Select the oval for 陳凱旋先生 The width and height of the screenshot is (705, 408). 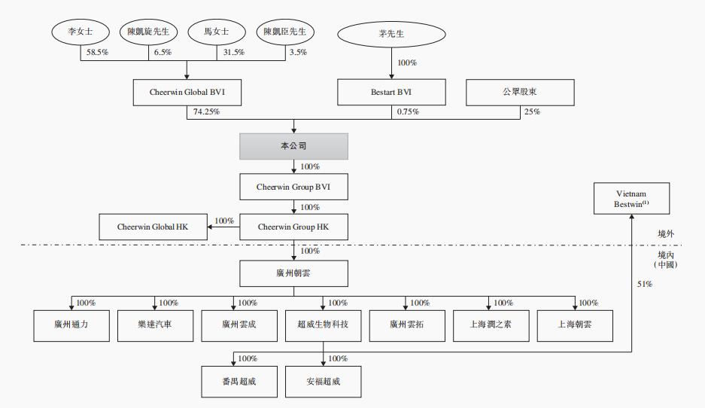[148, 32]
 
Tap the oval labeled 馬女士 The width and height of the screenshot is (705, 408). [217, 32]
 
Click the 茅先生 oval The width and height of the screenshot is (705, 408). [390, 35]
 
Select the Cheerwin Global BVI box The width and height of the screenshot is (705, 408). [186, 92]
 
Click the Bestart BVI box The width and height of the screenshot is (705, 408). [391, 92]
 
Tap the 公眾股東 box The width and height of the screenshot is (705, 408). [520, 92]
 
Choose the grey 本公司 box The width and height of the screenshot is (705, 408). [293, 146]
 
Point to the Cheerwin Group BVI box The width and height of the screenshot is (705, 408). [293, 185]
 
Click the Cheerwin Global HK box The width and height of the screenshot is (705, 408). [153, 226]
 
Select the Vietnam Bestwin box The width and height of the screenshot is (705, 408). [631, 198]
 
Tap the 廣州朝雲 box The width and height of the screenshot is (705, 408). [293, 273]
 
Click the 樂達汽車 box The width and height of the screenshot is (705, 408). [155, 325]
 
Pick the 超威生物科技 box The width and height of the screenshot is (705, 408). [323, 325]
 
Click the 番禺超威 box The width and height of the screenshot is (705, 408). [239, 381]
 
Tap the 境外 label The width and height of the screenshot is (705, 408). [665, 234]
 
